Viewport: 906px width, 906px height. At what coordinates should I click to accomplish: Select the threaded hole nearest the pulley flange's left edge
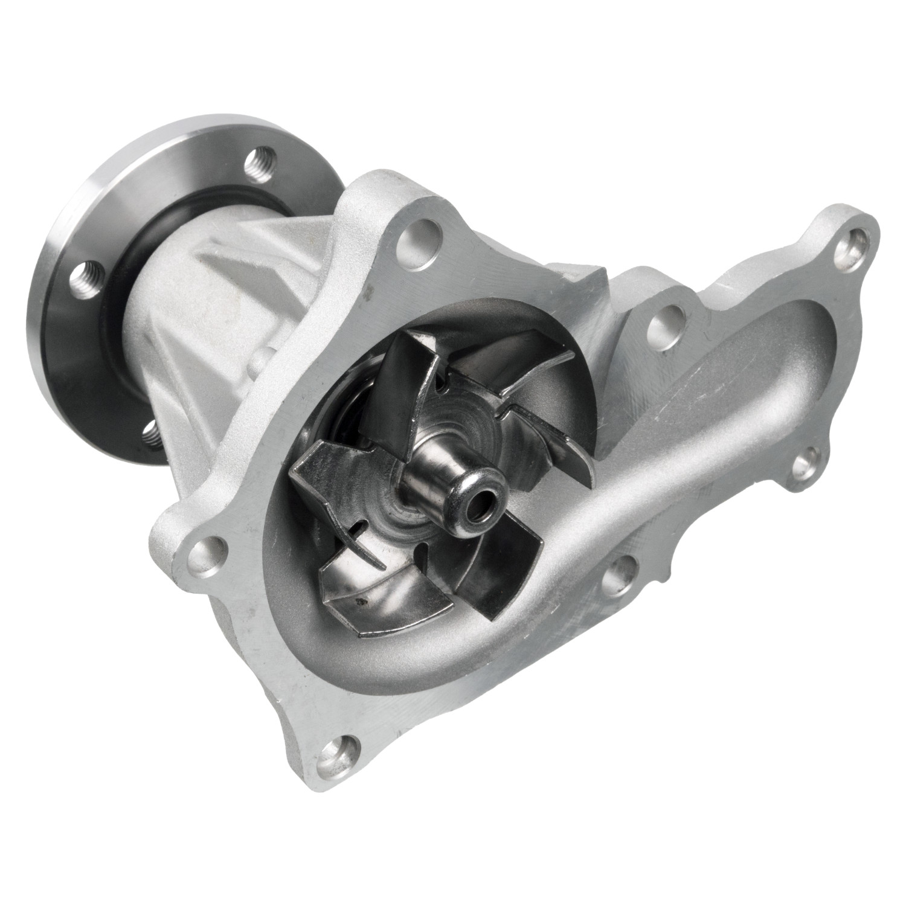[x=85, y=278]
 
